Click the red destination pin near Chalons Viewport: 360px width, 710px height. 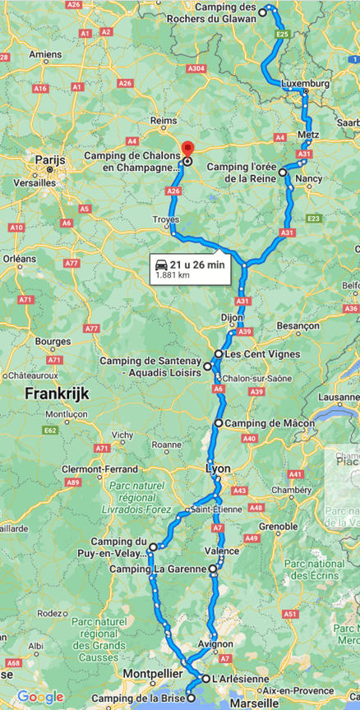click(187, 149)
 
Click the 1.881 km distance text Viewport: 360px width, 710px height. click(173, 276)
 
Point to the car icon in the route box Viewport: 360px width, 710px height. click(161, 265)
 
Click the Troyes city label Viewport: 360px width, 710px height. click(165, 219)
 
